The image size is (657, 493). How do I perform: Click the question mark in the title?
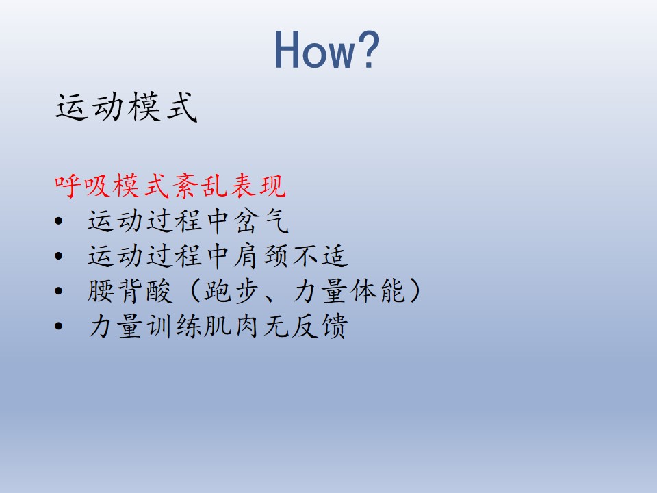pos(369,49)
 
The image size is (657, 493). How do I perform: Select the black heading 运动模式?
pos(127,107)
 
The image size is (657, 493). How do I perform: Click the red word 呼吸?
pos(83,186)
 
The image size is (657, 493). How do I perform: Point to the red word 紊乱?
pos(200,186)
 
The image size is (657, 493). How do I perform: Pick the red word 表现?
pos(258,186)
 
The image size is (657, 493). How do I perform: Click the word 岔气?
pos(261,220)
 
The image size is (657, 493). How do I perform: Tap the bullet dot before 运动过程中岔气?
pos(59,221)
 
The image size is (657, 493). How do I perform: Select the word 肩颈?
pos(261,255)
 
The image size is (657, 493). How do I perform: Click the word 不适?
pos(320,255)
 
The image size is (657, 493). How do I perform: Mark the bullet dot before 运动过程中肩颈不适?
pos(59,255)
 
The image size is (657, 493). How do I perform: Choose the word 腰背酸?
pos(130,291)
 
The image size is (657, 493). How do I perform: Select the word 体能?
pos(378,291)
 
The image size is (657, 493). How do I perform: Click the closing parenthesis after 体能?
pos(415,291)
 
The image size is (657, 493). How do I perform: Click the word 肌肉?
pos(232,326)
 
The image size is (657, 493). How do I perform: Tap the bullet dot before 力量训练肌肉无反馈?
pos(59,326)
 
